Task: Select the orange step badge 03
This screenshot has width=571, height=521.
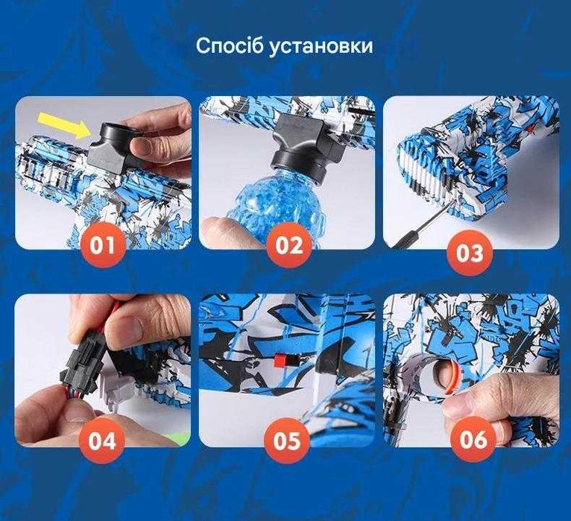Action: pyautogui.click(x=470, y=251)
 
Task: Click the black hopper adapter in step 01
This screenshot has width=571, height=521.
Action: pyautogui.click(x=112, y=145)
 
